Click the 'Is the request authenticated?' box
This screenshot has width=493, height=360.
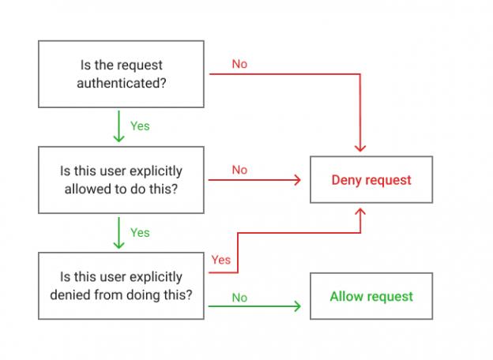(x=122, y=73)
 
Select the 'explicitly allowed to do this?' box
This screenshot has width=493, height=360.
(x=122, y=179)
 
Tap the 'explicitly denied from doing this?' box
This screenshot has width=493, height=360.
(x=122, y=285)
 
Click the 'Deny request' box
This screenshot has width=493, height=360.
(x=371, y=180)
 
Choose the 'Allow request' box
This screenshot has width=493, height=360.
(x=371, y=296)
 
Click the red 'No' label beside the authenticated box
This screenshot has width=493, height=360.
(x=239, y=64)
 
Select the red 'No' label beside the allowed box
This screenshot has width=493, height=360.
(x=239, y=170)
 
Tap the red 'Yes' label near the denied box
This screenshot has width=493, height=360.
(x=221, y=260)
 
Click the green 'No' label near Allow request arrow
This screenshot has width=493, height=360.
(x=239, y=298)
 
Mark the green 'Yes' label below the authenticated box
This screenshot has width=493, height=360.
(x=140, y=126)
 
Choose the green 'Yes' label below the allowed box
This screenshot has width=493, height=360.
(x=140, y=232)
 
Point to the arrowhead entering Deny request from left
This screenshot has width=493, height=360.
(x=298, y=180)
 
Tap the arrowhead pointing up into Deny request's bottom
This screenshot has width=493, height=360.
(x=361, y=212)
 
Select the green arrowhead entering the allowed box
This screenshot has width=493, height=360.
(x=119, y=139)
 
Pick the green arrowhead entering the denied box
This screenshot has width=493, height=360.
(x=119, y=245)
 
